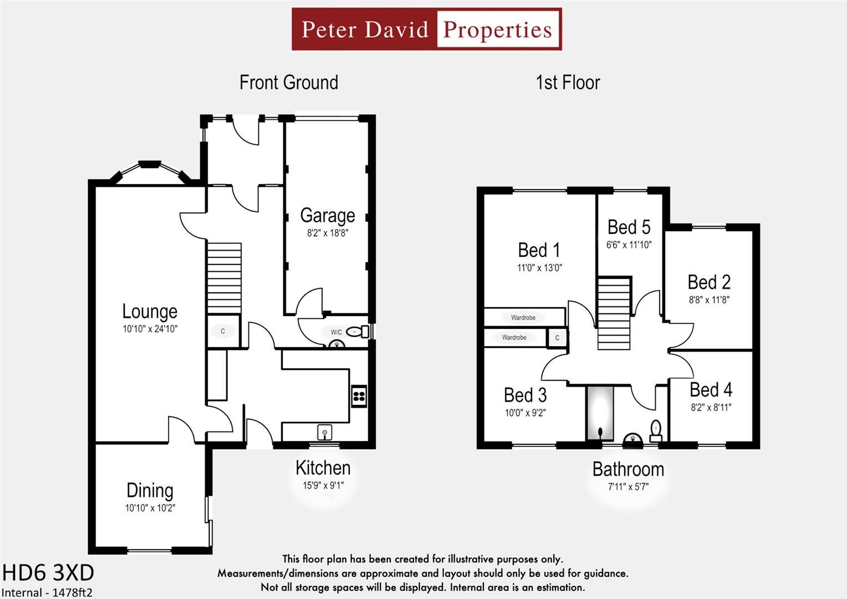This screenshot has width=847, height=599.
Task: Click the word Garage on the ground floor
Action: (327, 215)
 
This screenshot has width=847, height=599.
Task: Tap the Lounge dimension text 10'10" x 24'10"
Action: (150, 329)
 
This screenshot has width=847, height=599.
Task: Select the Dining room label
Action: (150, 490)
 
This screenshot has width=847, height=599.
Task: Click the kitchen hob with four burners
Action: (359, 396)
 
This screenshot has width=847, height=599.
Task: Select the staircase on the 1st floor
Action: (614, 313)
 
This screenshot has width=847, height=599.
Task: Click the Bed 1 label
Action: (539, 250)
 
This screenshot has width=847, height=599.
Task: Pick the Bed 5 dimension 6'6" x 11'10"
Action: (629, 245)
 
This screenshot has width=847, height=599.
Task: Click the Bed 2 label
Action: (709, 282)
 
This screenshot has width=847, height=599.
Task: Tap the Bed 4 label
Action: (711, 390)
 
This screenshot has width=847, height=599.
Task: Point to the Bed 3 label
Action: (525, 395)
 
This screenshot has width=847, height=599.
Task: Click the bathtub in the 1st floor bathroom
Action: (600, 414)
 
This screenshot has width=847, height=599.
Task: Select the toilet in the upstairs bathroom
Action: (656, 430)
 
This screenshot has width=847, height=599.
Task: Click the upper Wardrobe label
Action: (523, 318)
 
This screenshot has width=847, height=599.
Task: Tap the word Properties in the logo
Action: (497, 29)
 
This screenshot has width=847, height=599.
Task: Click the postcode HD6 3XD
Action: (48, 572)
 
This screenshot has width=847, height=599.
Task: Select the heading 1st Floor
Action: (568, 83)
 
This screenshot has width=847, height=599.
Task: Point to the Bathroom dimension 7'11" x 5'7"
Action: (628, 487)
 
